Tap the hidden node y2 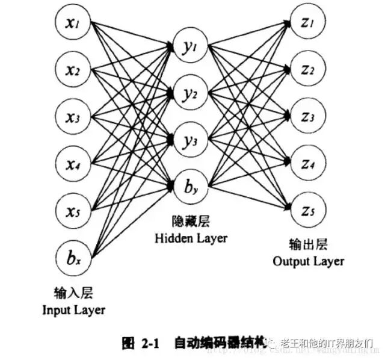pos(190,93)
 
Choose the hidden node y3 pos(190,140)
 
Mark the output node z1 pos(308,22)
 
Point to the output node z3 pos(308,116)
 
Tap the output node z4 pos(308,163)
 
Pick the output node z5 pos(308,209)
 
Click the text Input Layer pos(73,311)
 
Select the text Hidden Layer pos(191,238)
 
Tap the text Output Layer pos(308,261)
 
